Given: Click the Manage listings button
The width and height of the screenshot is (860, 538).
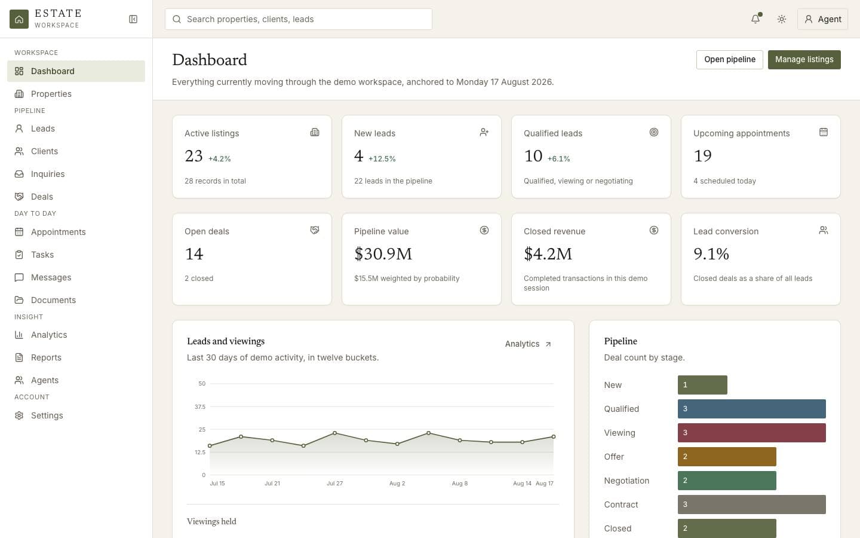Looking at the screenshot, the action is click(x=804, y=60).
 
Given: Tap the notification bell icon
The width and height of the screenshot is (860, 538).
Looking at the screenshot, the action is click(x=755, y=19).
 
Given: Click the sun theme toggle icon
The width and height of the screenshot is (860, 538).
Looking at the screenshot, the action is click(x=781, y=19).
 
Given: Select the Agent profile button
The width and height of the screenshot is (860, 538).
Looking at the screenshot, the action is click(x=822, y=19).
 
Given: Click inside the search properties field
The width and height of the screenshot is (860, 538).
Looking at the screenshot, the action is click(x=299, y=19).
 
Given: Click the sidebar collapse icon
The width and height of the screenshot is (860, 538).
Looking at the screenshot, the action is click(x=133, y=19).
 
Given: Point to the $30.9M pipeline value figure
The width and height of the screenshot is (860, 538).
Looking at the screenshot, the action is click(x=383, y=253).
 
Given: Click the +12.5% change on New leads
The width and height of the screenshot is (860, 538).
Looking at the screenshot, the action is click(x=382, y=159).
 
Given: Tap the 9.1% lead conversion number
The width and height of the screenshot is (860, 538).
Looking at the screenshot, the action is click(x=711, y=253).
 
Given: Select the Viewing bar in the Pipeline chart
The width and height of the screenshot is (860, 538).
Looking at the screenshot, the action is click(x=751, y=433).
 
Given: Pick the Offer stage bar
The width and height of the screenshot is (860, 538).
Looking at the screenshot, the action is click(x=727, y=457).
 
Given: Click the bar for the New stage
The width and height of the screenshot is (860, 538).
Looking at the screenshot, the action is click(x=702, y=385).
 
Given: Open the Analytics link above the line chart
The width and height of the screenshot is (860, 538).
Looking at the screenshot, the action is click(x=528, y=344).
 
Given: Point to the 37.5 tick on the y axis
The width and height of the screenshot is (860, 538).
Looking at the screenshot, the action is click(x=200, y=406).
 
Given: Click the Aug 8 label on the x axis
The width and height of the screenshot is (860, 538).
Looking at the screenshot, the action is click(x=460, y=484).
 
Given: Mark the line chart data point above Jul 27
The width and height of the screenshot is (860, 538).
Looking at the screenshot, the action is click(x=335, y=433).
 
